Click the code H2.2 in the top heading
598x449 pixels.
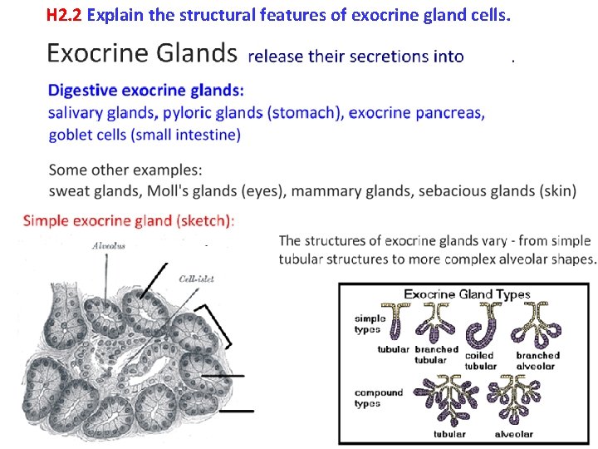coord(64,15)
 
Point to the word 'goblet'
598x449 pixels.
coord(73,134)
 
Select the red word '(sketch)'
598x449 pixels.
coord(204,221)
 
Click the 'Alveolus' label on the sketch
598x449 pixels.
coord(108,246)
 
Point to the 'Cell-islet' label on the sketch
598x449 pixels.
coord(196,279)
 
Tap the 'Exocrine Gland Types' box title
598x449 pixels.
coord(466,294)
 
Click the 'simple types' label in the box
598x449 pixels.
coord(370,323)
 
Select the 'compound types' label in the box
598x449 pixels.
coord(379,397)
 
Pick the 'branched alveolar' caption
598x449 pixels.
coord(537,360)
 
